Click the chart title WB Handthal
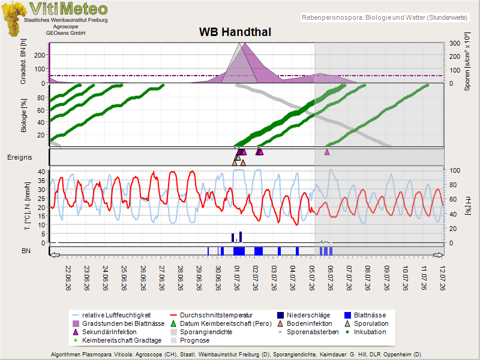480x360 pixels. (x=235, y=32)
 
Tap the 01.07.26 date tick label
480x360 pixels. (x=236, y=278)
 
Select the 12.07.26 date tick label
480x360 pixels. (x=442, y=278)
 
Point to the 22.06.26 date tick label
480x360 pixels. (x=68, y=278)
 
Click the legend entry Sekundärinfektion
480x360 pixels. (x=104, y=332)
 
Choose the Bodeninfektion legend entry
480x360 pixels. (x=305, y=323)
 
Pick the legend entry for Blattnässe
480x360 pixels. (x=365, y=316)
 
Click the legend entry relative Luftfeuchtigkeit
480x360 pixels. (x=112, y=316)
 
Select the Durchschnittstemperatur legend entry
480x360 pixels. (x=211, y=316)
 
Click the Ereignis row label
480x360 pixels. (x=20, y=157)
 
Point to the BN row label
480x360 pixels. (x=26, y=251)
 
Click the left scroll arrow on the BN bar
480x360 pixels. (x=55, y=255)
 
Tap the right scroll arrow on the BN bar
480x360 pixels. (x=439, y=255)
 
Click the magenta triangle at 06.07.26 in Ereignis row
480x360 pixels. (x=327, y=152)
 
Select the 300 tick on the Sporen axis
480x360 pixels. (x=455, y=43)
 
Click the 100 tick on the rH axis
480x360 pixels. (x=455, y=170)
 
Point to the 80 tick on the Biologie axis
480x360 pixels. (x=41, y=98)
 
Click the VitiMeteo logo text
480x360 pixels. (x=68, y=8)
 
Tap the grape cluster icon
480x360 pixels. (x=13, y=19)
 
